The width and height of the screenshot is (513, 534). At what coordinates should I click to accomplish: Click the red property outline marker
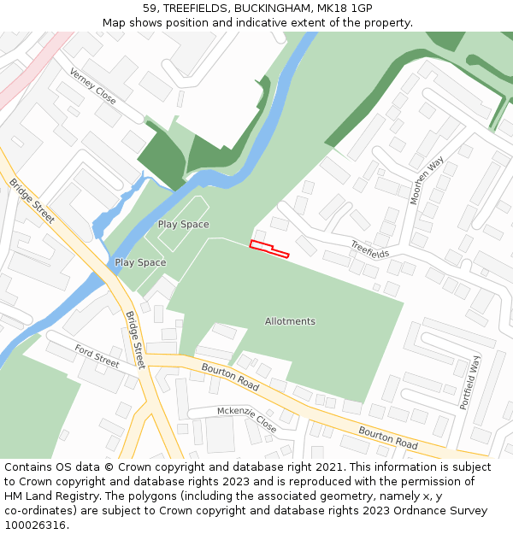268,249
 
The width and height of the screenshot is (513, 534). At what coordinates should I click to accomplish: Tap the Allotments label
290,321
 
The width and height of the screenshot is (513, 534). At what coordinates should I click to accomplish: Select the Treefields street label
369,249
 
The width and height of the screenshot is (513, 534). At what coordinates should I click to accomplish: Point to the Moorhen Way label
427,180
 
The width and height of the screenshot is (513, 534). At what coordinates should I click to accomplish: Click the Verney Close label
92,85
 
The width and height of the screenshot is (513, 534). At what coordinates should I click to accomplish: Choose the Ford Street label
97,356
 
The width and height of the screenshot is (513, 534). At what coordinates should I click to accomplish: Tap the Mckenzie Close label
246,419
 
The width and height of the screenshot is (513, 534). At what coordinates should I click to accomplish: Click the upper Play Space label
183,224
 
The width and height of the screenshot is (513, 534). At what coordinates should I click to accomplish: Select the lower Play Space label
140,262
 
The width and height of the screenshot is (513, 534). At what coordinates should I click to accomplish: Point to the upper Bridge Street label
32,201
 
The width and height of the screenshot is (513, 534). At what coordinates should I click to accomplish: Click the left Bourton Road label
230,377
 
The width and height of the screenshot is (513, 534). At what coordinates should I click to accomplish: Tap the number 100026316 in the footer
35,525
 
